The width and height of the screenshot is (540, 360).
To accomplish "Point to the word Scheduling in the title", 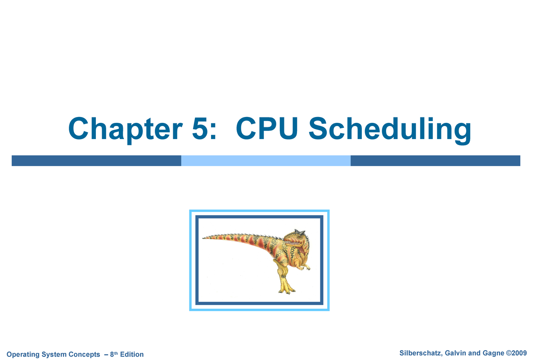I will tap(390, 130).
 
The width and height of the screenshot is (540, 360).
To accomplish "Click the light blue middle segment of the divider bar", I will tap(265, 161).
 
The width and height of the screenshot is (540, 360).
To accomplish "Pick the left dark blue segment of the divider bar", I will tap(96, 161).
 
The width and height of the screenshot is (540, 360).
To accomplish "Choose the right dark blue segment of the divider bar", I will tap(435, 161).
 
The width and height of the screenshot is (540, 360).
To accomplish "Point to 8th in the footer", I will tap(115, 355).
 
